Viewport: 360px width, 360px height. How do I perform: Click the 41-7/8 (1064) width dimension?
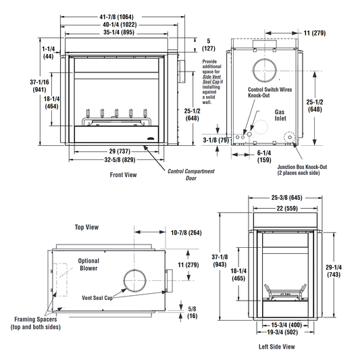click(116, 17)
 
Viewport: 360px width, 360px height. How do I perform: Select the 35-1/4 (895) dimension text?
click(119, 32)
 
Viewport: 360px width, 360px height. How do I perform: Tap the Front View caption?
click(124, 175)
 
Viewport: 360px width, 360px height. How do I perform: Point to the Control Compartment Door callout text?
click(191, 174)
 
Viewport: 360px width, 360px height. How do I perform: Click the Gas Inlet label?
click(280, 115)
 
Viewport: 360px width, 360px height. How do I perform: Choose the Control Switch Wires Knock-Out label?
click(269, 93)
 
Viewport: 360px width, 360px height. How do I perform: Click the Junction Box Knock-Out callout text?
click(302, 170)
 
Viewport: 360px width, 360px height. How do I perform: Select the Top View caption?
click(86, 227)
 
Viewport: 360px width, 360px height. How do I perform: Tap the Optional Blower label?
click(88, 265)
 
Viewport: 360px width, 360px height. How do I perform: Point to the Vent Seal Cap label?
click(97, 298)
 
